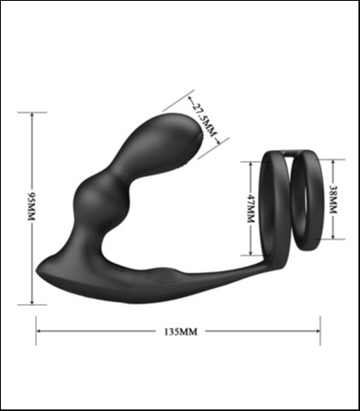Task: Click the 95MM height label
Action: click(x=32, y=208)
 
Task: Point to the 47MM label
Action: click(x=251, y=206)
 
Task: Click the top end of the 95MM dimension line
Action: click(x=32, y=112)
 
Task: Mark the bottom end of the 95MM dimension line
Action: click(x=32, y=304)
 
